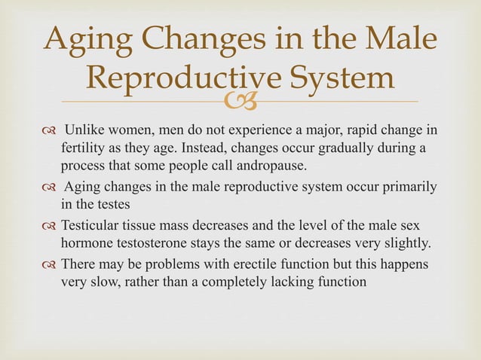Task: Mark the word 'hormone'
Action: point(85,243)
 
